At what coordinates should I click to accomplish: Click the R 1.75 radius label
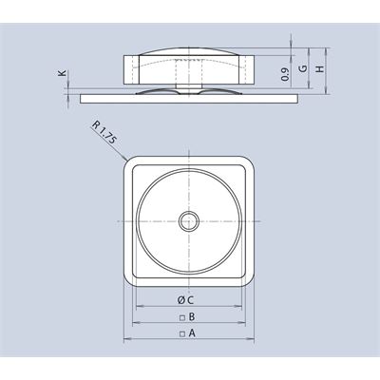coord(104,133)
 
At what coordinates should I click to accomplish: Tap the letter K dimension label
coord(63,73)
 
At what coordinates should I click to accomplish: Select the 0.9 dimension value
coord(285,74)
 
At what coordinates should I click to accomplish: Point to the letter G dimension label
coord(303,68)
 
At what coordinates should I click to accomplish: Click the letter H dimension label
coord(320,68)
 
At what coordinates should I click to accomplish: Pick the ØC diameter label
coord(185,300)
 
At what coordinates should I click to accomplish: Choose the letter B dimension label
coord(192,316)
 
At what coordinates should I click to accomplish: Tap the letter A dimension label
coord(192,332)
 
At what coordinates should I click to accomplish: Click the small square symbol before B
coord(182,317)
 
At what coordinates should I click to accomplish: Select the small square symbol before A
coord(182,333)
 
